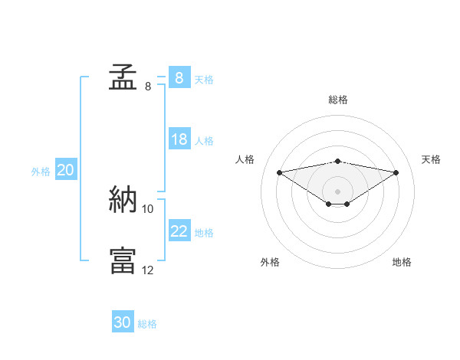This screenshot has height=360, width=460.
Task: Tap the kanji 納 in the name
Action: (x=123, y=201)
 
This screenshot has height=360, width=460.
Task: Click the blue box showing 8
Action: (x=179, y=78)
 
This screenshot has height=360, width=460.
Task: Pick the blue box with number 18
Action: (x=179, y=139)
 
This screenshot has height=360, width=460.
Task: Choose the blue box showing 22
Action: (x=179, y=231)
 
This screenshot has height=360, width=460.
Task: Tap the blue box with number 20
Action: (x=65, y=170)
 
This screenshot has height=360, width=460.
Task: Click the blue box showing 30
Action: (x=123, y=322)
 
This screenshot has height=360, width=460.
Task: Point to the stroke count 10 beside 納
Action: (x=148, y=208)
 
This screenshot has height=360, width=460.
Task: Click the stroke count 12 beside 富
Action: (x=148, y=270)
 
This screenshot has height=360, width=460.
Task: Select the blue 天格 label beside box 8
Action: (x=204, y=79)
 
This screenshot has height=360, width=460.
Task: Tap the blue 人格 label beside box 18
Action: (x=204, y=140)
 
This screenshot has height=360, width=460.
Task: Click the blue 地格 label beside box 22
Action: (x=204, y=232)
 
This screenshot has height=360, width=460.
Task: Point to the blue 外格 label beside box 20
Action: (x=41, y=172)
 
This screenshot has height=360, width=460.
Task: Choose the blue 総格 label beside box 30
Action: (x=148, y=324)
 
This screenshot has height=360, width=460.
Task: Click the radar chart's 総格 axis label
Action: (x=338, y=100)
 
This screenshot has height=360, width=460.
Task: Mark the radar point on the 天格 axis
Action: (x=396, y=172)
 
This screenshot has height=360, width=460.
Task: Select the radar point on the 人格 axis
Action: (x=279, y=172)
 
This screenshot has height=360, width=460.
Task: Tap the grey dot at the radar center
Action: (x=337, y=191)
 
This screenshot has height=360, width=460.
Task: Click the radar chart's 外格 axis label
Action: (x=270, y=263)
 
